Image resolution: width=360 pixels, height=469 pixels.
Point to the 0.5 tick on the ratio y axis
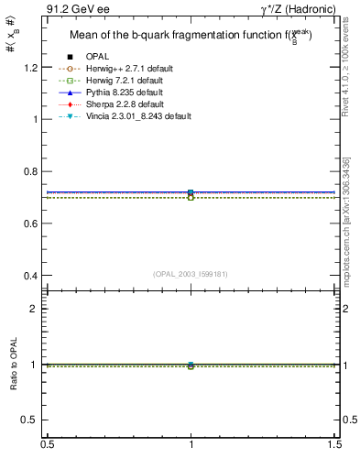34,420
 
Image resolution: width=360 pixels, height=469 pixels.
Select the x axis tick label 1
191,445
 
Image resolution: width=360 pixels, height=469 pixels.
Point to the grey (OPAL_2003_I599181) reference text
191,274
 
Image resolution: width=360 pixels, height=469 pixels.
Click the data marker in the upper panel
191,193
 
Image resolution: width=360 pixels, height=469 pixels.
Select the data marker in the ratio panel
191,365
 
